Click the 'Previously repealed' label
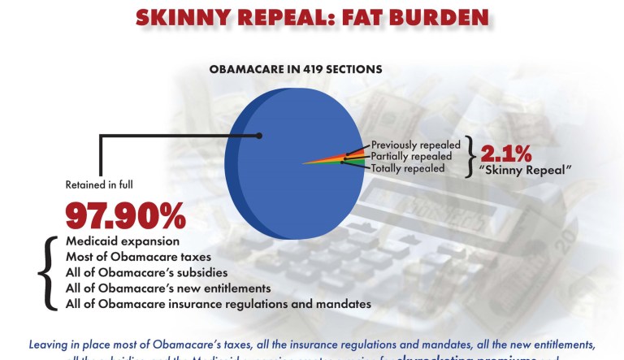click(416, 145)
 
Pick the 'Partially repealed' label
click(412, 156)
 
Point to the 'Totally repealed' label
click(407, 168)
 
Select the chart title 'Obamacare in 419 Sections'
click(296, 69)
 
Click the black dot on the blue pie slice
click(259, 136)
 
